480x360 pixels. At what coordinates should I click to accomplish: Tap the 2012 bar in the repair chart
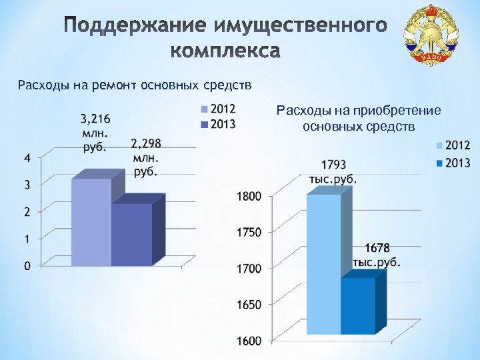[x=91, y=221]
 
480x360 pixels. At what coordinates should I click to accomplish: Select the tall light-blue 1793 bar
[x=323, y=263]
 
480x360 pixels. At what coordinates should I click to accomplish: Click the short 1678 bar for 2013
[x=358, y=305]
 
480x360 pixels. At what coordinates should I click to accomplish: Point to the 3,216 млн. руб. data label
[x=95, y=133]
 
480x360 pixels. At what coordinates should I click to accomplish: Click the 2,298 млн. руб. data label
[x=146, y=157]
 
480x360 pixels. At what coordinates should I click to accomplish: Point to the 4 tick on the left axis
[x=26, y=158]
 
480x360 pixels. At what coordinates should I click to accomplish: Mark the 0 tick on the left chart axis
[x=26, y=266]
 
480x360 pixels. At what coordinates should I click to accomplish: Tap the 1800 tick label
[x=249, y=196]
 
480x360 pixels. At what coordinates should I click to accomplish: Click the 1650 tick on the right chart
[x=249, y=305]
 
